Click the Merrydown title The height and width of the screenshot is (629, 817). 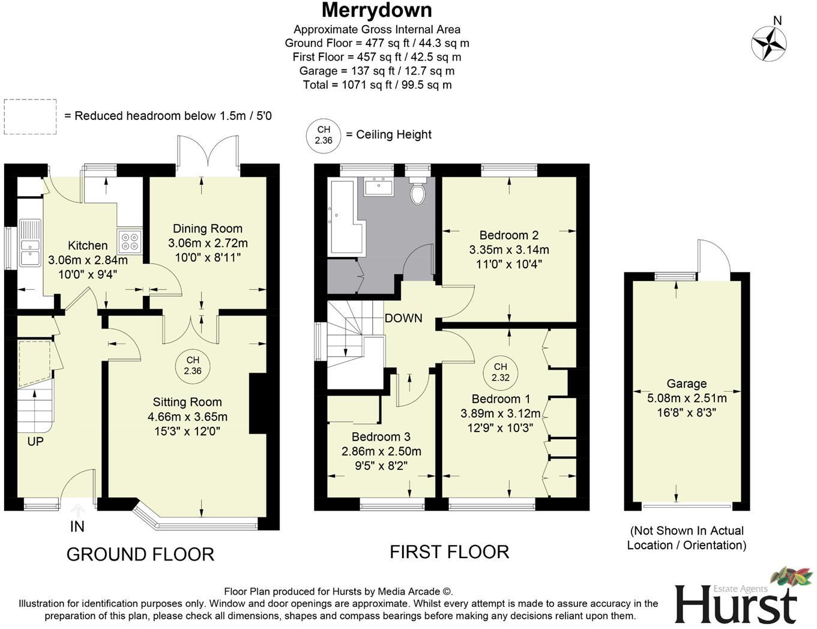pyautogui.click(x=376, y=10)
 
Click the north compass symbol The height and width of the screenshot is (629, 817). pyautogui.click(x=769, y=44)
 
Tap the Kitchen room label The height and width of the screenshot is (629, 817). pyautogui.click(x=88, y=245)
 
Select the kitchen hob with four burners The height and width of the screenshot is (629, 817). pyautogui.click(x=130, y=241)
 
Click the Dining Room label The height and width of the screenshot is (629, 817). pyautogui.click(x=208, y=229)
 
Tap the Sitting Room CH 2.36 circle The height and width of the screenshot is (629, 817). pyautogui.click(x=193, y=365)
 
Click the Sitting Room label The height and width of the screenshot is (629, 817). pyautogui.click(x=187, y=402)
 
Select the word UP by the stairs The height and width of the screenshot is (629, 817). pyautogui.click(x=35, y=442)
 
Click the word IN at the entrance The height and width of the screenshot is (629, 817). pyautogui.click(x=77, y=526)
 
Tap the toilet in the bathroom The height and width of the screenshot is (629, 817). pyautogui.click(x=418, y=192)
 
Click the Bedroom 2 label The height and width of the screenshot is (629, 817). pyautogui.click(x=508, y=235)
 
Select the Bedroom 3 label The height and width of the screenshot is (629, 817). pyautogui.click(x=381, y=437)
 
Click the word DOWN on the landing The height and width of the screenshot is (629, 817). pyautogui.click(x=403, y=318)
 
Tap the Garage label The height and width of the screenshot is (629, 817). pyautogui.click(x=686, y=384)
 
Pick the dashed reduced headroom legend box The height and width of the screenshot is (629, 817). pyautogui.click(x=30, y=116)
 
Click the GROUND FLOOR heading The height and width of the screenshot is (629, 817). pyautogui.click(x=140, y=554)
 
